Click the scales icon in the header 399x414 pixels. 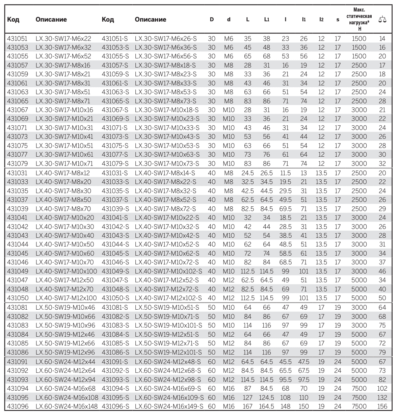click(382, 19)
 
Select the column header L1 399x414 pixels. click(267, 20)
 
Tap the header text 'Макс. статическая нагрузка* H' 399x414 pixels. click(359, 19)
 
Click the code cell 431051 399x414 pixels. click(17, 38)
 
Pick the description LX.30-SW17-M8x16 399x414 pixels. click(63, 65)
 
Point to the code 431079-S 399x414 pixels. click(115, 163)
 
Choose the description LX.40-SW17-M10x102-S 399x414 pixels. click(168, 271)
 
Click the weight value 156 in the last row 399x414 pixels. click(382, 406)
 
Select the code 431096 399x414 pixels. click(18, 406)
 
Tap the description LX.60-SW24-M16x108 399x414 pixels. click(67, 397)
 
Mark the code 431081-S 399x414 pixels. click(115, 307)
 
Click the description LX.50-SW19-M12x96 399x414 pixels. click(65, 352)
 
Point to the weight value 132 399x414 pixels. click(382, 397)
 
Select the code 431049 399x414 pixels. click(17, 271)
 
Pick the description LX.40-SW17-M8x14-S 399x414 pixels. click(165, 173)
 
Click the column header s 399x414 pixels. click(338, 20)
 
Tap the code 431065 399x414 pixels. click(17, 101)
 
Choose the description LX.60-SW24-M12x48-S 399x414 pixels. click(168, 362)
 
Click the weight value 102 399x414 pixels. click(382, 388)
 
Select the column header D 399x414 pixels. click(212, 20)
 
